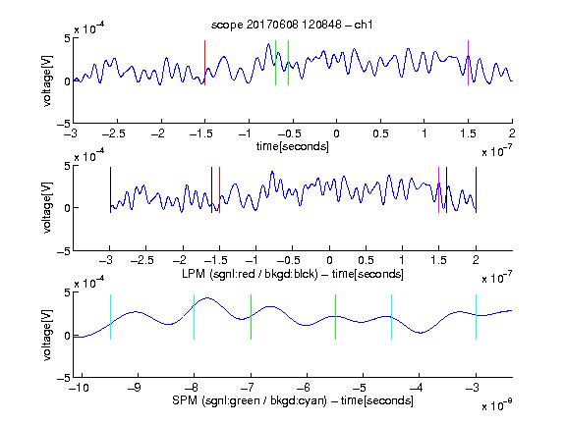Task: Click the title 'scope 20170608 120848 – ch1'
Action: click(x=292, y=25)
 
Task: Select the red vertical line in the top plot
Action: click(x=205, y=63)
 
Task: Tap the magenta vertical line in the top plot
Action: click(x=468, y=63)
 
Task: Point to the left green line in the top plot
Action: click(x=275, y=63)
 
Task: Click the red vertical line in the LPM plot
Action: click(x=219, y=190)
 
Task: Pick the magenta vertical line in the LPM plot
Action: click(x=438, y=190)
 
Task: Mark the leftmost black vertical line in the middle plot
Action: click(x=110, y=190)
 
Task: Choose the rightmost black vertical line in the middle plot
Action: click(x=476, y=190)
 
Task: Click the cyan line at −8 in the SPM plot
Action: click(x=194, y=317)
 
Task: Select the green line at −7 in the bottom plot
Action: click(x=251, y=317)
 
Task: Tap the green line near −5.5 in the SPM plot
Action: click(x=335, y=317)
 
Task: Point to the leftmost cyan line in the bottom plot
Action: click(x=110, y=317)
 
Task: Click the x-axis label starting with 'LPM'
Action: click(x=293, y=274)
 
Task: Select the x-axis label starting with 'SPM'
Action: click(x=293, y=400)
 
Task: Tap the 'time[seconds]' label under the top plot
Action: click(x=293, y=146)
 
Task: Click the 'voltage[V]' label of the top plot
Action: click(x=47, y=80)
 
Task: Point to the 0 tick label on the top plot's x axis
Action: click(x=336, y=133)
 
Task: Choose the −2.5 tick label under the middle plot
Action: click(x=142, y=260)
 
